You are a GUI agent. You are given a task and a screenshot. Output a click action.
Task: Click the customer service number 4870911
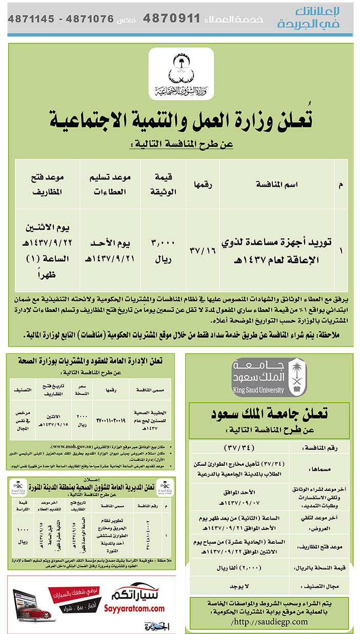pyautogui.click(x=171, y=19)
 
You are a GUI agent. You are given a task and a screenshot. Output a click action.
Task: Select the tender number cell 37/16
pyautogui.click(x=203, y=250)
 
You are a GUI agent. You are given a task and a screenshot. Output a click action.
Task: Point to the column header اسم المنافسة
pyautogui.click(x=277, y=183)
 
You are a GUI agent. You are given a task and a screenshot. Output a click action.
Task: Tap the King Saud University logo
pyautogui.click(x=270, y=377)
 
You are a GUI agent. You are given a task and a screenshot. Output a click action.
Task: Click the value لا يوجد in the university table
pyautogui.click(x=239, y=585)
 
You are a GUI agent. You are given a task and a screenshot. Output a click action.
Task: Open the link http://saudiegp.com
pyautogui.click(x=270, y=621)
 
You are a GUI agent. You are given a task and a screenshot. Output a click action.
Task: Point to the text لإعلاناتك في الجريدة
pyautogui.click(x=315, y=17)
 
